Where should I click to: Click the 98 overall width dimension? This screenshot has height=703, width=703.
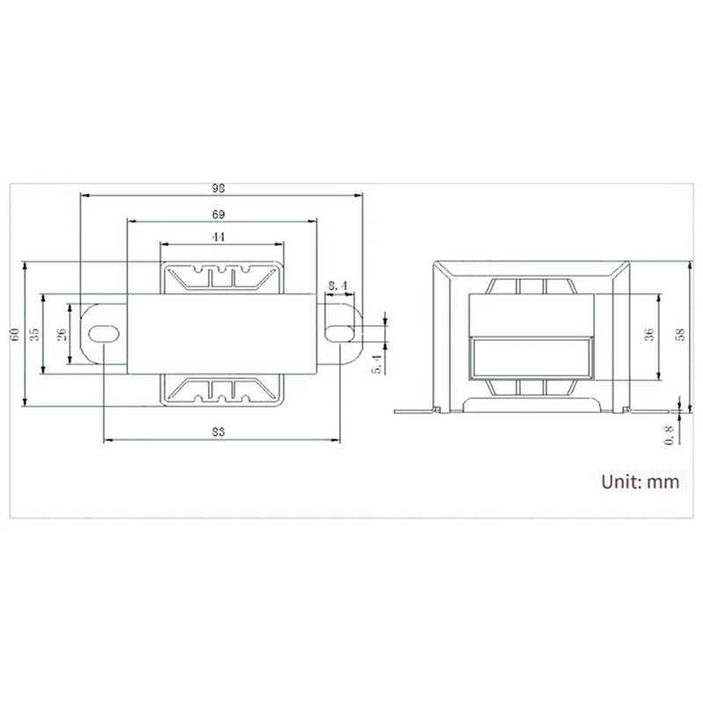(x=221, y=187)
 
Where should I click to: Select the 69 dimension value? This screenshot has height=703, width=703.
(x=221, y=214)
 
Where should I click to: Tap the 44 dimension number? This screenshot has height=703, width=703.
(x=221, y=237)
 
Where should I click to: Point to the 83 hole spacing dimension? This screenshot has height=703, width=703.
(x=221, y=431)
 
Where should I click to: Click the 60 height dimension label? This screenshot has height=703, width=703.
(x=15, y=334)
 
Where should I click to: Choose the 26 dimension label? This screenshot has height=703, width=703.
(x=61, y=334)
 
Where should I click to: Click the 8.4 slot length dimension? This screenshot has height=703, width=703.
(x=339, y=285)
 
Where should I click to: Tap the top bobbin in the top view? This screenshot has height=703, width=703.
(x=221, y=277)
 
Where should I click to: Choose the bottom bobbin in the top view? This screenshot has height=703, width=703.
(x=221, y=389)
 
